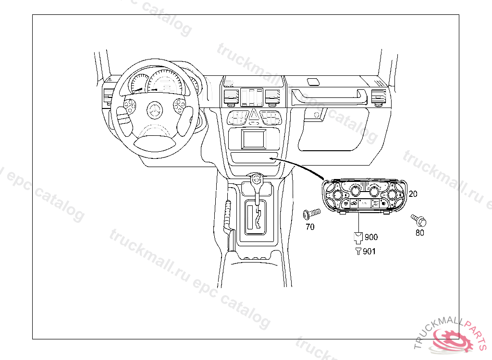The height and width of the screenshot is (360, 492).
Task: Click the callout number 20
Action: click(x=413, y=193)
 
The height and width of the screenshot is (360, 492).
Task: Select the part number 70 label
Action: click(x=310, y=227)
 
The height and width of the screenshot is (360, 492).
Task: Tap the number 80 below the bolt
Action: click(x=420, y=233)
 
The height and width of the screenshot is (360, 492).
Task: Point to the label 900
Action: click(x=371, y=237)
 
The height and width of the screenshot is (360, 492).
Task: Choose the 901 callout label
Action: click(x=369, y=251)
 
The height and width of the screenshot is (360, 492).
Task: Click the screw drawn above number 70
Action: click(x=311, y=213)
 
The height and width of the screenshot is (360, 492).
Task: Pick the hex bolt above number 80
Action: click(x=419, y=221)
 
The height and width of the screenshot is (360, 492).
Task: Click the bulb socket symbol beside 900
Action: click(x=358, y=237)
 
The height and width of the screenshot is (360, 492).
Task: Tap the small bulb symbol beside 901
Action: click(x=358, y=251)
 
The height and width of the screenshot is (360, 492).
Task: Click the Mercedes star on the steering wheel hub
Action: click(x=155, y=110)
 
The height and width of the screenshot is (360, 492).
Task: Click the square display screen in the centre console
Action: click(x=254, y=138)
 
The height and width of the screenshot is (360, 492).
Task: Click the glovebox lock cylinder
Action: click(x=316, y=115)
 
